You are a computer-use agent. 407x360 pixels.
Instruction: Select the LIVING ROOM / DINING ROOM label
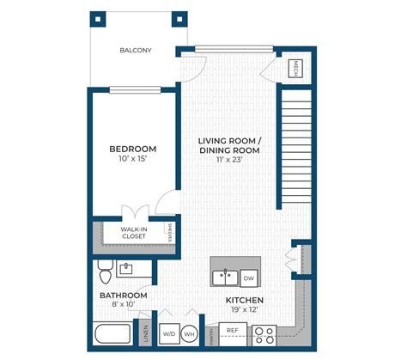pos(228,145)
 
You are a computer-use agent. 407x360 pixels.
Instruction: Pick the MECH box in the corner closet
pos(294,68)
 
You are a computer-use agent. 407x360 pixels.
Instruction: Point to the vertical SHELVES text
pos(170,233)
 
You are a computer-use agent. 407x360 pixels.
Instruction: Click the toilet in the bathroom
pos(105,272)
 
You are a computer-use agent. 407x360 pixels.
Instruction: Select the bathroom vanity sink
pos(126,270)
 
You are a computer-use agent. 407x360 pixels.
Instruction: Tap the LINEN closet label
pos(146,333)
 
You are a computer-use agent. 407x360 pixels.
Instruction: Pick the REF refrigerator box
pos(232,330)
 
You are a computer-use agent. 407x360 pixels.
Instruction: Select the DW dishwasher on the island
pos(248,278)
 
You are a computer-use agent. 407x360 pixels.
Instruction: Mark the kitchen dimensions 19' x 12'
pos(244,310)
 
